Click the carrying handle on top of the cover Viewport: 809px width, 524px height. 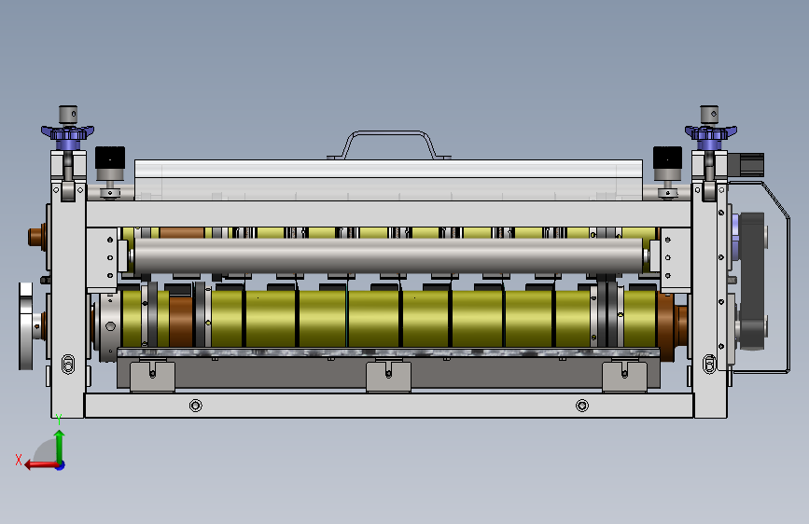point(388,133)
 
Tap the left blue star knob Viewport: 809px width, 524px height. point(67,133)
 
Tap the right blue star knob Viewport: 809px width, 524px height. point(710,133)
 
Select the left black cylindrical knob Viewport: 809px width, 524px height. point(110,158)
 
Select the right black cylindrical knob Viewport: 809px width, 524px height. point(667,158)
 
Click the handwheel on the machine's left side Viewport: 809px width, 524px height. point(26,326)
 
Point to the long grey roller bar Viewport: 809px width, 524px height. point(389,255)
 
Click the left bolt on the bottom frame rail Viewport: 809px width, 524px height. point(196,406)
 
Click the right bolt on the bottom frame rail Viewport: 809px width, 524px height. point(582,406)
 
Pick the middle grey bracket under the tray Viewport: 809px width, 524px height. point(388,377)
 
